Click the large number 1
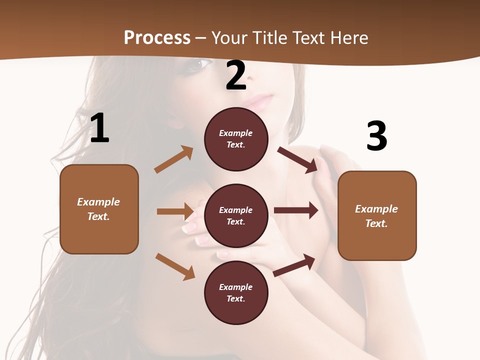coord(99,128)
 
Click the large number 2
coord(235,76)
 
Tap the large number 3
coord(376,136)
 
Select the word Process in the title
coord(157,37)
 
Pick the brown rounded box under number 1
coord(99,209)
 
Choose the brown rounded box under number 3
coord(377,215)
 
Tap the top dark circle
coord(236,138)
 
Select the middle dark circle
coord(236,215)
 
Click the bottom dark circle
coord(236,292)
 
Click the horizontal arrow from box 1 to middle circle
coord(175,211)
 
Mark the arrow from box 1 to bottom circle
coord(175,266)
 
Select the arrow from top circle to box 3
coord(297,159)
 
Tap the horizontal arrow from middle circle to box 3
coord(296,210)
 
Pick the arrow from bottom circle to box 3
coord(294,265)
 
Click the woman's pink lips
coord(258,103)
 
